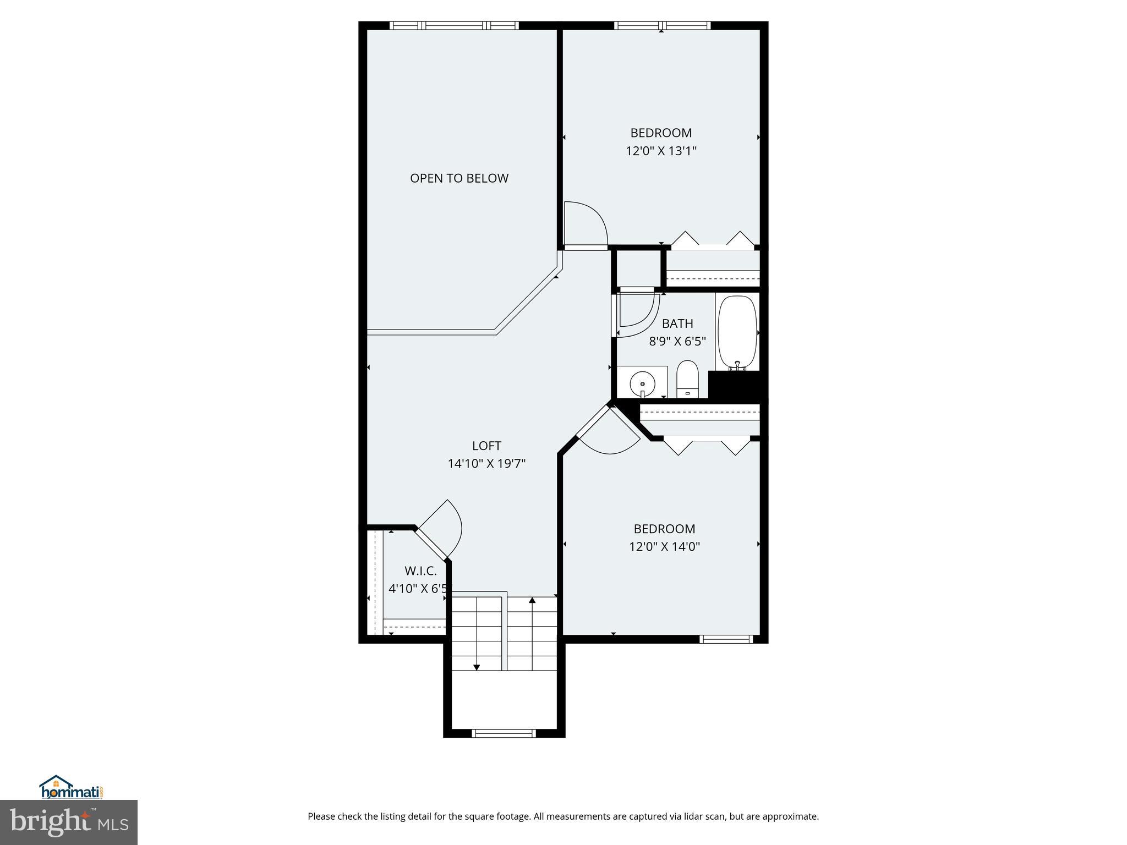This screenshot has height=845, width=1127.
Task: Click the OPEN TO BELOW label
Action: (459, 178)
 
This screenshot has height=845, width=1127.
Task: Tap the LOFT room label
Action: (486, 446)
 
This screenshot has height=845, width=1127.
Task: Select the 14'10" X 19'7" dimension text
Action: (486, 464)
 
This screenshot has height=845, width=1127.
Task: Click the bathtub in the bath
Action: (737, 332)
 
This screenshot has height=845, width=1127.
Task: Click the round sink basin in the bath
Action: (642, 382)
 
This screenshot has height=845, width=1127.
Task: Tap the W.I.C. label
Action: (420, 571)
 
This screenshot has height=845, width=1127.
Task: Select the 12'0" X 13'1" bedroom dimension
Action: (661, 151)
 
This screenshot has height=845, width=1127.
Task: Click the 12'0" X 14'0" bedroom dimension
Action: (664, 547)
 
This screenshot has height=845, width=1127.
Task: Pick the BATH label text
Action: (677, 323)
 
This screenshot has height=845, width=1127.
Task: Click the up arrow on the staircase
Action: (532, 601)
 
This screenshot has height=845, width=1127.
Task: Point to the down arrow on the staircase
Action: (477, 667)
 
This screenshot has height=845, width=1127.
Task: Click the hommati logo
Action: (72, 788)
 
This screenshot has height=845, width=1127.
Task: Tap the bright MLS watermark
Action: (69, 822)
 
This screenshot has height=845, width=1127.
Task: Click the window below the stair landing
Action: (504, 733)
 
